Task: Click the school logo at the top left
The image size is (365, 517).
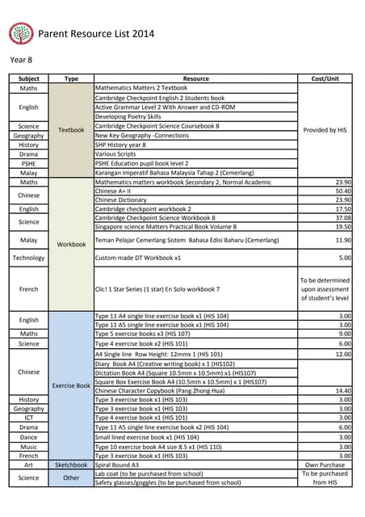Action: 21,33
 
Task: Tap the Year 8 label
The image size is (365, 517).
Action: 22,61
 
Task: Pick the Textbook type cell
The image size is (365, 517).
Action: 71,129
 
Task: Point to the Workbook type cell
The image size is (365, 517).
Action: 71,243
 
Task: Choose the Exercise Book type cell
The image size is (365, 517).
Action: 71,385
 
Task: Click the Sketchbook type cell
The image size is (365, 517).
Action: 71,464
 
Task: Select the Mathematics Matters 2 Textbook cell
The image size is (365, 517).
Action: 141,87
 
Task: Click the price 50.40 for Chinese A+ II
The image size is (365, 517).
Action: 342,191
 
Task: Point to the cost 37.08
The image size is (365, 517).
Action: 342,217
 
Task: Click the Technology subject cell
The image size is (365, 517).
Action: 29,258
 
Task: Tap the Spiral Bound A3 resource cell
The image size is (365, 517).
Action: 117,464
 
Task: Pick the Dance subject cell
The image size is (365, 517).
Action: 29,436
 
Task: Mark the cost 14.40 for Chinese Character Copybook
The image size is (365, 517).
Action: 342,389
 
